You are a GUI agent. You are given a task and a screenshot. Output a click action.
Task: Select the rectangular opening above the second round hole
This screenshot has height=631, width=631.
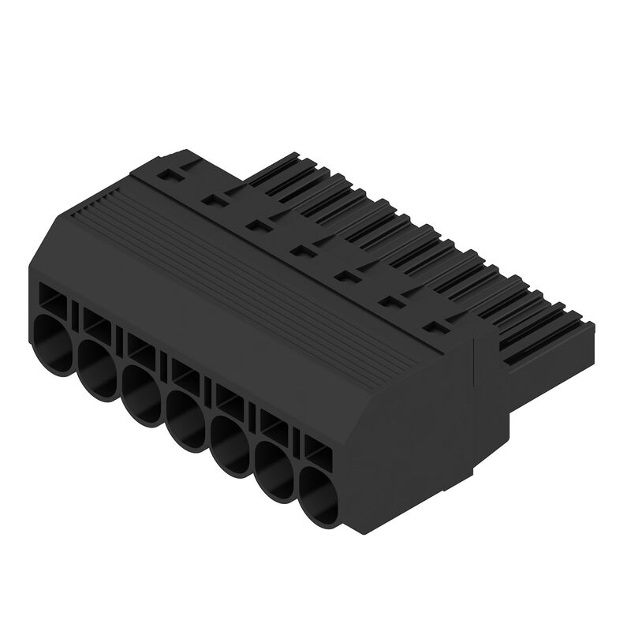96,320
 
